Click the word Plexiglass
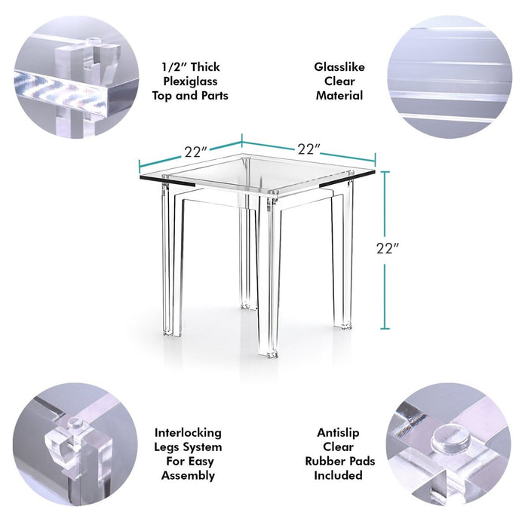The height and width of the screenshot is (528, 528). click(x=190, y=81)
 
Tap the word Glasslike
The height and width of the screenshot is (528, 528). click(x=339, y=67)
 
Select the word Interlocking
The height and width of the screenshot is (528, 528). click(x=188, y=433)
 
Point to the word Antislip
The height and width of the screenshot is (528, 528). click(x=338, y=433)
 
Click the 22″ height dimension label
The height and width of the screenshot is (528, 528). click(x=387, y=248)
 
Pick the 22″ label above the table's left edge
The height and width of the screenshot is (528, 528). click(x=195, y=152)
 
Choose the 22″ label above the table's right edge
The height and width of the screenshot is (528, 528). click(x=309, y=149)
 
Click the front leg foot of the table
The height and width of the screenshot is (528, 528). click(x=269, y=354)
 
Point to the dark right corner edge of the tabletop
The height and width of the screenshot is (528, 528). click(x=347, y=179)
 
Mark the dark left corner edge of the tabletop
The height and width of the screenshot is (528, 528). click(x=167, y=181)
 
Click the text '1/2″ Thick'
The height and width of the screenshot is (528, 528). click(x=191, y=67)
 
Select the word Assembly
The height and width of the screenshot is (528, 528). click(x=188, y=475)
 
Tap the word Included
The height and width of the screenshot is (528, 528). click(x=338, y=475)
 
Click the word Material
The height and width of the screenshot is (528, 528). click(x=339, y=96)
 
